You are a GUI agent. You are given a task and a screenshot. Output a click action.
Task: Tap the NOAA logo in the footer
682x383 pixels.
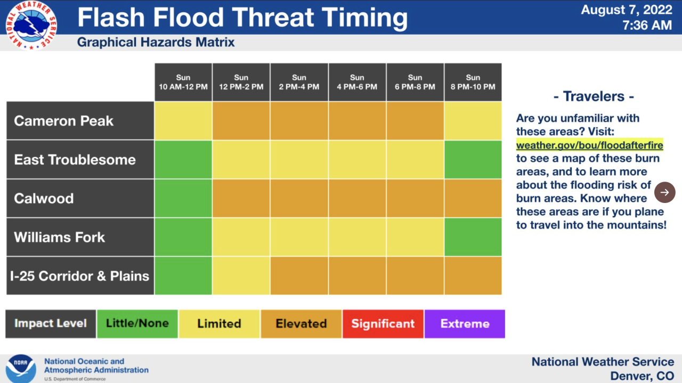21,368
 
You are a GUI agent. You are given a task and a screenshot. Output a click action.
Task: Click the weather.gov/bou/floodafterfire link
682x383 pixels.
589,145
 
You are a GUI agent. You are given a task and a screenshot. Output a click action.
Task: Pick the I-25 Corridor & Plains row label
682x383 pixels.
80,276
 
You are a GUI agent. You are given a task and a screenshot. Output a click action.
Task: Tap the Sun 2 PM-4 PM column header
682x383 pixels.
299,82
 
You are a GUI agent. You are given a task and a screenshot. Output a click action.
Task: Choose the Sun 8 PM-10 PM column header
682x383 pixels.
473,82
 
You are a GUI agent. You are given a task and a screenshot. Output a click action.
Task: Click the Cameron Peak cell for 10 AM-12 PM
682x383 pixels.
183,121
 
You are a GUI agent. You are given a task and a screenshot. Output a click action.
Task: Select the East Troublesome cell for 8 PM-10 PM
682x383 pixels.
473,160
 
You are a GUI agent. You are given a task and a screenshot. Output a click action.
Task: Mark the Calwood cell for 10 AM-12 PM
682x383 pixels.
183,198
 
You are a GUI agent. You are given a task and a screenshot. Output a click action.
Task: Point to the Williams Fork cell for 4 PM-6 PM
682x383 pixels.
357,237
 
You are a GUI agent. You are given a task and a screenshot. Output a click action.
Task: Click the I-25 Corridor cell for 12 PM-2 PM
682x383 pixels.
241,276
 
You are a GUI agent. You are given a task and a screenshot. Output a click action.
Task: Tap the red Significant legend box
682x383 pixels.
383,324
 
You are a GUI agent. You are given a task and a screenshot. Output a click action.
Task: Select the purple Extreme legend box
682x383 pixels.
465,324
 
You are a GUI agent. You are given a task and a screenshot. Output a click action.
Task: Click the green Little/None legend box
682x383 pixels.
137,324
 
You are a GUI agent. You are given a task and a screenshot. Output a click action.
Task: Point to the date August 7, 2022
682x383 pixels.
626,10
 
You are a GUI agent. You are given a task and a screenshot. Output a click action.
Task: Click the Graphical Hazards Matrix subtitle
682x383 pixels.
156,42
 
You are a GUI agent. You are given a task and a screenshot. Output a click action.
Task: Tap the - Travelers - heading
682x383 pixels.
594,96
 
